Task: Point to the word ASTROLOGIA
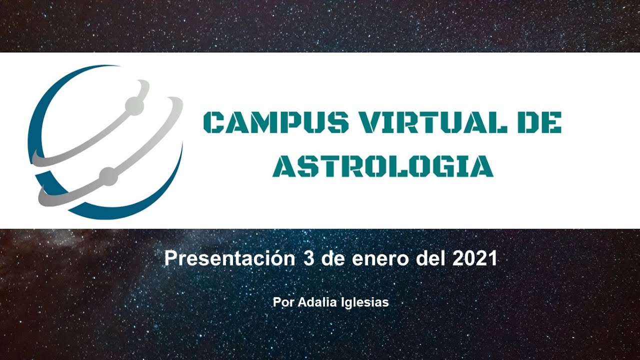(383, 166)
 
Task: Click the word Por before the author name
(283, 302)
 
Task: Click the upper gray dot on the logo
(134, 105)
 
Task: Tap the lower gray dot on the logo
(108, 176)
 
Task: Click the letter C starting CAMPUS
(213, 122)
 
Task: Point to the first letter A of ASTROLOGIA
(283, 166)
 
